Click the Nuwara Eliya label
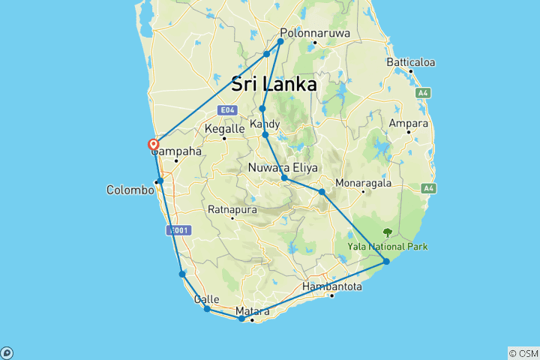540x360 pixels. [280, 168]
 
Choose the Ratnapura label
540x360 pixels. [232, 209]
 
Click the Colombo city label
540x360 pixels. [130, 190]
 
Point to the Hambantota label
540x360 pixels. [332, 286]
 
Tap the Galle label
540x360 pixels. [206, 299]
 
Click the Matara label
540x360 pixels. [252, 311]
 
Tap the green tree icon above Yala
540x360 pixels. [388, 233]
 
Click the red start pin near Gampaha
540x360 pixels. [154, 144]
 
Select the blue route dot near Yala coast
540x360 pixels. [386, 261]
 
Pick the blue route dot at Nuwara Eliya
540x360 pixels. [284, 178]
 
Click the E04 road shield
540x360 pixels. [226, 110]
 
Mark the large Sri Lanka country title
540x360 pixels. [274, 84]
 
